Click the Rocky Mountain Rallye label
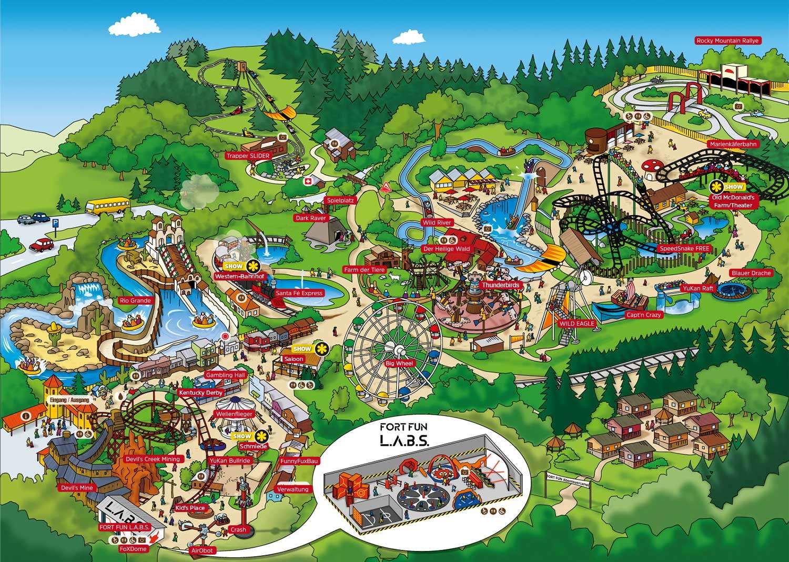(x=729, y=41)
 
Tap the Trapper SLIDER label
(x=248, y=156)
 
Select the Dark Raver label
(x=311, y=218)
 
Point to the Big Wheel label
(x=400, y=364)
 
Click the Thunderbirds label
(x=500, y=285)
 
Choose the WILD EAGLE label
(x=576, y=324)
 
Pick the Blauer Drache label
(x=751, y=273)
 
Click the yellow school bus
(x=107, y=205)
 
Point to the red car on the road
(x=43, y=245)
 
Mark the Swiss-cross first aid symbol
(x=308, y=182)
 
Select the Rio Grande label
(x=135, y=300)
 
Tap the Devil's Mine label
(x=76, y=488)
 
